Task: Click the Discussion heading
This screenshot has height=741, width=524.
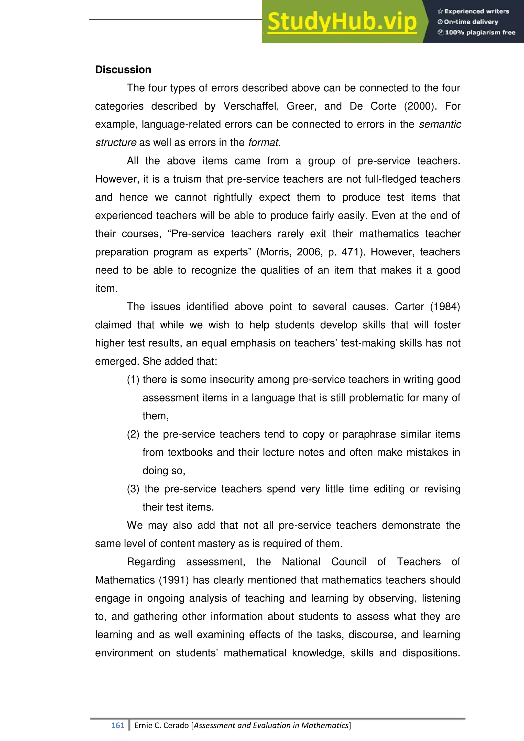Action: point(123,70)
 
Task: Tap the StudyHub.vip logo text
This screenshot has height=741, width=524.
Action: point(342,22)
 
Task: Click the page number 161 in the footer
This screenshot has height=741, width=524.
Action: point(118,725)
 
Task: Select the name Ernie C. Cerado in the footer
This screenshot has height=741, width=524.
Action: point(161,725)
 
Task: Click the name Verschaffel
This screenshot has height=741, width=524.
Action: point(251,106)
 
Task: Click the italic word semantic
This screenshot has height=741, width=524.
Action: point(440,124)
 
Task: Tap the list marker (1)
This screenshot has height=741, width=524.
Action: point(133,379)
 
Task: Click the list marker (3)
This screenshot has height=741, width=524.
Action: point(133,489)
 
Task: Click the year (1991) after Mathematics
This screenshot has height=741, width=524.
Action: point(174,580)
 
